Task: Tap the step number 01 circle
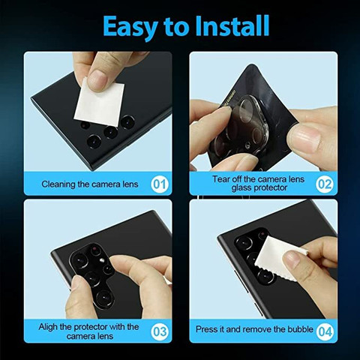(x=159, y=184)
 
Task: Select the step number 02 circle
(x=325, y=184)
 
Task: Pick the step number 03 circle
(x=159, y=331)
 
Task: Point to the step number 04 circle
(x=325, y=331)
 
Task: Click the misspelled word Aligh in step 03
(x=48, y=327)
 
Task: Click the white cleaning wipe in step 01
(x=100, y=103)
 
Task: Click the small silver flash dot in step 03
(x=102, y=260)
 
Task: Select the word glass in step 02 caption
(x=241, y=188)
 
